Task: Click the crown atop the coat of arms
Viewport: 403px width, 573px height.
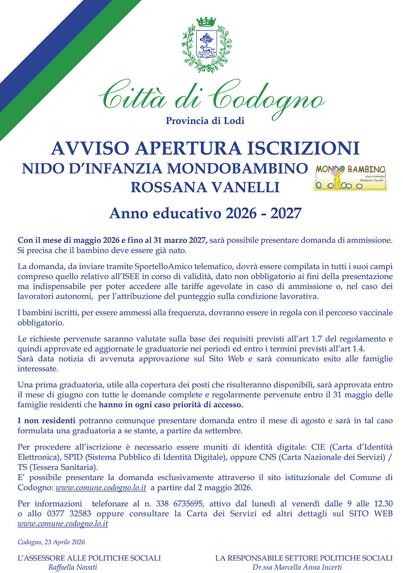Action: tap(206, 22)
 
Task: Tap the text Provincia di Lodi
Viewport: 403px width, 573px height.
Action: tap(205, 121)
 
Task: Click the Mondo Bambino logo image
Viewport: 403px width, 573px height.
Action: tap(350, 177)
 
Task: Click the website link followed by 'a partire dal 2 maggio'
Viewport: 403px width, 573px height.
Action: tap(101, 488)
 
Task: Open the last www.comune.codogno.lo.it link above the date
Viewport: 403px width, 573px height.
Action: tap(63, 523)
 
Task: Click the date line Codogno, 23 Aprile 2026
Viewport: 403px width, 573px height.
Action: tap(51, 542)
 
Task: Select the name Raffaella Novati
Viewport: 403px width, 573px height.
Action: tap(73, 568)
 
